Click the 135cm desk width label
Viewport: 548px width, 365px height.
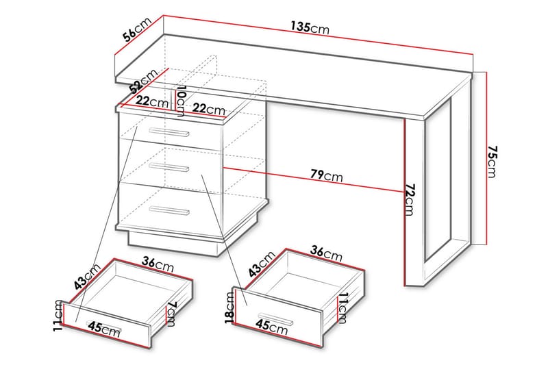point(310,27)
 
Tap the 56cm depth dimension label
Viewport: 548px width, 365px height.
point(137,29)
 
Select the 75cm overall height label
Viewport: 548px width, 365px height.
point(492,162)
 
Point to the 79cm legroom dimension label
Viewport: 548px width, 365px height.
point(327,175)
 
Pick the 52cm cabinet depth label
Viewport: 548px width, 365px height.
point(143,81)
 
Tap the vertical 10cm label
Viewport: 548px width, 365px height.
point(182,101)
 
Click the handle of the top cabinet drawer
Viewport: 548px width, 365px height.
point(169,132)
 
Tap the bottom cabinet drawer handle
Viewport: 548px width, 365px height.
point(169,210)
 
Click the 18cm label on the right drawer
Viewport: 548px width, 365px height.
point(230,307)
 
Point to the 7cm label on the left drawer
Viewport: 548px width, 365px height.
point(171,314)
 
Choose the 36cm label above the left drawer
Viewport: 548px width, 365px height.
point(158,264)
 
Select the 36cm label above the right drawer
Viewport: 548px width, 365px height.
point(327,253)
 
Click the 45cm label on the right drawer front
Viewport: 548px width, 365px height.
point(271,327)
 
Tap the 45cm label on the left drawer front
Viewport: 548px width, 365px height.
point(104,329)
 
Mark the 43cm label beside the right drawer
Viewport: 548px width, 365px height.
point(262,264)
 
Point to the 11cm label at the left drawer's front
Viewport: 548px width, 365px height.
point(59,316)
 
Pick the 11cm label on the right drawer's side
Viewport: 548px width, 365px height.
point(343,308)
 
